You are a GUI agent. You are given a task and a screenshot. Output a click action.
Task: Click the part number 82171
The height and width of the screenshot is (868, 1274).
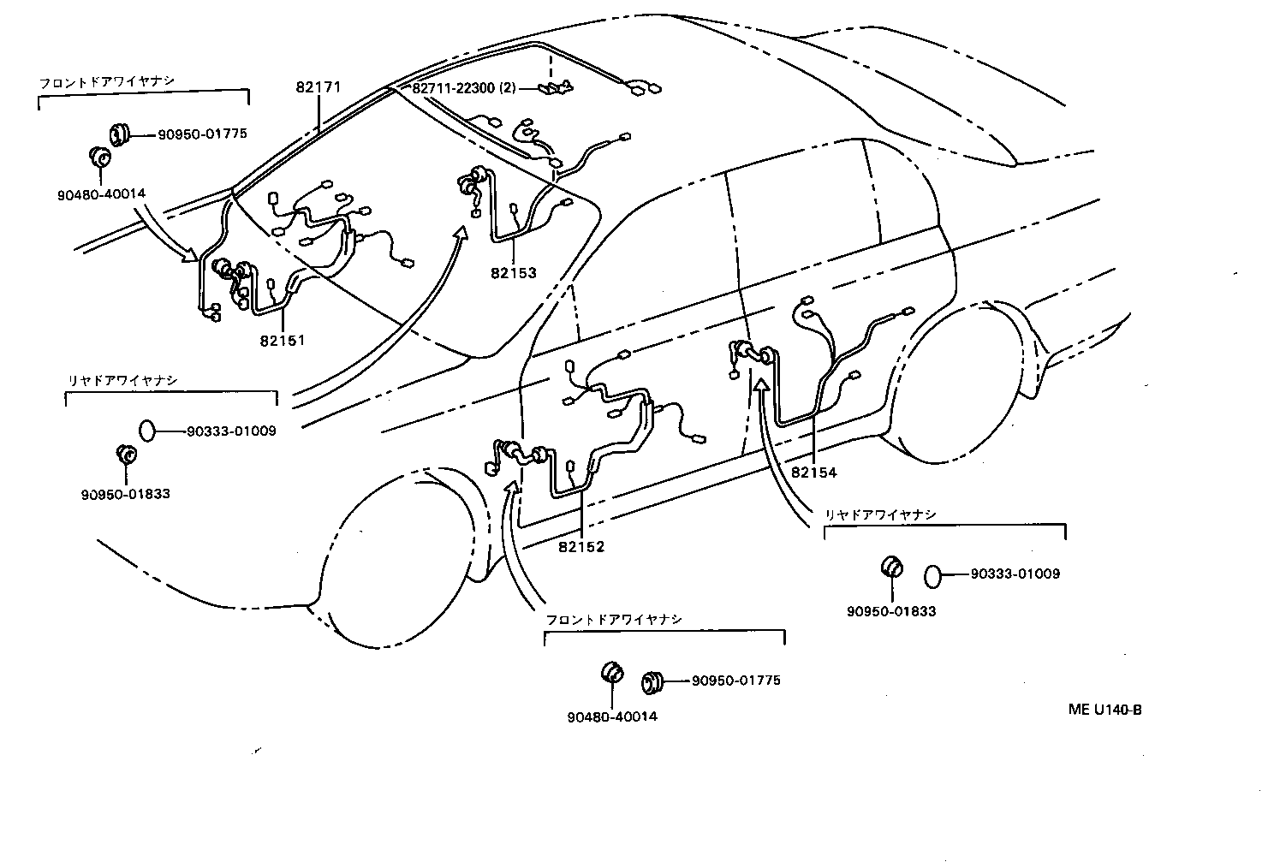pyautogui.click(x=318, y=87)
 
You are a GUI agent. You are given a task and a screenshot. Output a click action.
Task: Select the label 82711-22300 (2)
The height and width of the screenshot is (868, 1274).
pyautogui.click(x=463, y=88)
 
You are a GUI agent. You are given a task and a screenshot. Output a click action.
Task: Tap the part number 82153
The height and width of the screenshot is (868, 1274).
pyautogui.click(x=514, y=273)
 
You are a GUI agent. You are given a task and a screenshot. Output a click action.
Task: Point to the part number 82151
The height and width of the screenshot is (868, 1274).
pyautogui.click(x=283, y=340)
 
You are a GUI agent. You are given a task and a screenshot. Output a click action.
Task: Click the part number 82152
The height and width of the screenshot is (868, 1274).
pyautogui.click(x=581, y=547)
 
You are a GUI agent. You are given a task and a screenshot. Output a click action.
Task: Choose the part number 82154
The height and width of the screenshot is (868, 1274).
pyautogui.click(x=814, y=472)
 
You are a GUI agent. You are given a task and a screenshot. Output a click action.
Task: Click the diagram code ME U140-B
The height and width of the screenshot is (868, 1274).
pyautogui.click(x=1104, y=710)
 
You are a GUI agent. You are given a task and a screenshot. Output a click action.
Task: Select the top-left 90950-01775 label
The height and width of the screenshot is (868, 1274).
pyautogui.click(x=202, y=134)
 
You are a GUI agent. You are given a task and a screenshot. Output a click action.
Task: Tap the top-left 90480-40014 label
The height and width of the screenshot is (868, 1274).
pyautogui.click(x=101, y=193)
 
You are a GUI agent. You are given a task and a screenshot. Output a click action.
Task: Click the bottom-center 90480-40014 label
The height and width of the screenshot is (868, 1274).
pyautogui.click(x=611, y=716)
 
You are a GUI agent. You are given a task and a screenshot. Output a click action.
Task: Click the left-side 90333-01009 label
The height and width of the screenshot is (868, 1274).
pyautogui.click(x=231, y=431)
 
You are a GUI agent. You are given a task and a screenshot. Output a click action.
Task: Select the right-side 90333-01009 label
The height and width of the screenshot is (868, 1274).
pyautogui.click(x=1015, y=574)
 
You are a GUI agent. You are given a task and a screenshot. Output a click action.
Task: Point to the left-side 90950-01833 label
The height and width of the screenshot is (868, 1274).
pyautogui.click(x=126, y=494)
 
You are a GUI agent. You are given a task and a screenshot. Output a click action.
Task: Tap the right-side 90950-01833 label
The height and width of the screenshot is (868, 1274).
pyautogui.click(x=891, y=611)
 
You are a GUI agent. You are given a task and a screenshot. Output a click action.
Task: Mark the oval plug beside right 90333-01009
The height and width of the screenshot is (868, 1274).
pyautogui.click(x=932, y=575)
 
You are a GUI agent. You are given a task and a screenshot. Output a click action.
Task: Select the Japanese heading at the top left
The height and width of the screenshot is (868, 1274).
pyautogui.click(x=107, y=82)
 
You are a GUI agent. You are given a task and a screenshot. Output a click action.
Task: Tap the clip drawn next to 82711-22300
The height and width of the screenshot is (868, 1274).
pyautogui.click(x=555, y=86)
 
